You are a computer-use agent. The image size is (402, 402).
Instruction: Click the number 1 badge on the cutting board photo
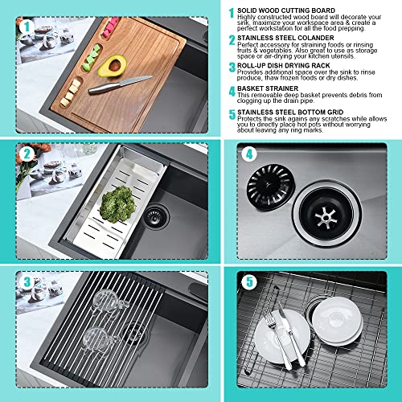[27, 27]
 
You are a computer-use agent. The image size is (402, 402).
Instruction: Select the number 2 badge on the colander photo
[27, 153]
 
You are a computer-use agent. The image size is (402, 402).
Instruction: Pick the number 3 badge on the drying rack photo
[27, 283]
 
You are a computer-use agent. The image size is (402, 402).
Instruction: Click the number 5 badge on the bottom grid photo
[249, 283]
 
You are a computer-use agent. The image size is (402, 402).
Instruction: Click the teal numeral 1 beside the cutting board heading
[232, 12]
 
